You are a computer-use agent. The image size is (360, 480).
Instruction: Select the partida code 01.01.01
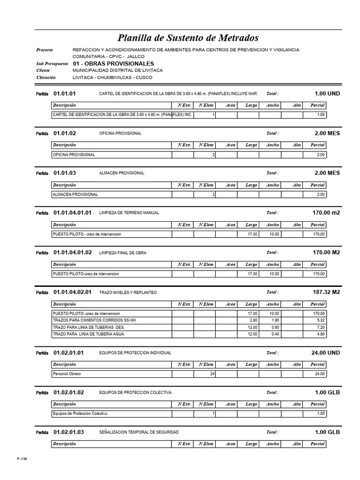click(65, 94)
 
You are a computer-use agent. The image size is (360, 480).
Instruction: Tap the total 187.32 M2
click(326, 292)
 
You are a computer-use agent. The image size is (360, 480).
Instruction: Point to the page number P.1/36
click(22, 463)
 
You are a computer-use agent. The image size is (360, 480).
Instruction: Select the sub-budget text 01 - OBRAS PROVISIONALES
click(113, 63)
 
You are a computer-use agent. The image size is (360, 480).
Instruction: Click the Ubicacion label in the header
click(46, 77)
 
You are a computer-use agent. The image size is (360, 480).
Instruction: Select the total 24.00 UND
click(326, 352)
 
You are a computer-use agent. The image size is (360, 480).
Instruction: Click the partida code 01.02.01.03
click(68, 432)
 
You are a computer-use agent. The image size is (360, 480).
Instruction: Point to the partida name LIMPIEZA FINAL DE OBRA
click(123, 253)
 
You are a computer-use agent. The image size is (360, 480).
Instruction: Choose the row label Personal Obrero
click(67, 374)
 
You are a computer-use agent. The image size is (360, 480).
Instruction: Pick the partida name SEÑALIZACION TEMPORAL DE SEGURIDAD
click(139, 432)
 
